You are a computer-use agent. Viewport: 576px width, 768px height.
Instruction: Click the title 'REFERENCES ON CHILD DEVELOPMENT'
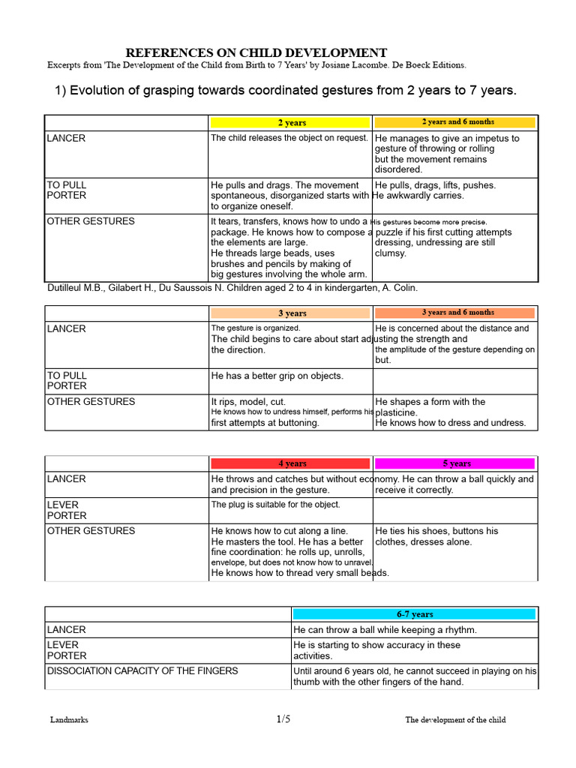click(256, 52)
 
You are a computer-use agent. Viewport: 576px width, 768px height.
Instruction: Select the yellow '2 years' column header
click(291, 122)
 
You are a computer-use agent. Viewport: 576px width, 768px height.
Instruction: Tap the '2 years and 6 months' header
click(454, 121)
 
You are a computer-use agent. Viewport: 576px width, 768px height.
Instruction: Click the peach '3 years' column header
click(291, 313)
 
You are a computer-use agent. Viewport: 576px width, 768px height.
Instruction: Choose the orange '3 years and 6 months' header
click(454, 312)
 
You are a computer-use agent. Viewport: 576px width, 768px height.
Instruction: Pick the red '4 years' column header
click(291, 463)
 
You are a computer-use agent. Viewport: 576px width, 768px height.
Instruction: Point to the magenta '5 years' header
click(454, 463)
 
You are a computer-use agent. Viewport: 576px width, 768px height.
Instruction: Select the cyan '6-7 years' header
click(414, 614)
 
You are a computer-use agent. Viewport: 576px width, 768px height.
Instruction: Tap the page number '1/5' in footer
click(283, 719)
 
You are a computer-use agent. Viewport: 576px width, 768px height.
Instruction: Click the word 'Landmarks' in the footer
click(69, 720)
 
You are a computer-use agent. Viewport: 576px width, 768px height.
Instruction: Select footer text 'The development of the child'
click(455, 720)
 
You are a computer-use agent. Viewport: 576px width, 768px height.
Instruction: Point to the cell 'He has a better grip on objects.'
click(277, 376)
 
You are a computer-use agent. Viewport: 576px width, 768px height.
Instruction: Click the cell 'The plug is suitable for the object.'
click(275, 505)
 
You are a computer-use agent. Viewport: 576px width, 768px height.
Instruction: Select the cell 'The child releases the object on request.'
click(289, 138)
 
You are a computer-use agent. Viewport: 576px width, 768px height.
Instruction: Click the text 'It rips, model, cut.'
click(248, 402)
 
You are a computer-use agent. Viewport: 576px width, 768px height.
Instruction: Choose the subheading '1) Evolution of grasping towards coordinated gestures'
click(286, 91)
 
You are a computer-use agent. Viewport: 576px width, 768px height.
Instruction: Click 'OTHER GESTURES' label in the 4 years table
click(91, 531)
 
